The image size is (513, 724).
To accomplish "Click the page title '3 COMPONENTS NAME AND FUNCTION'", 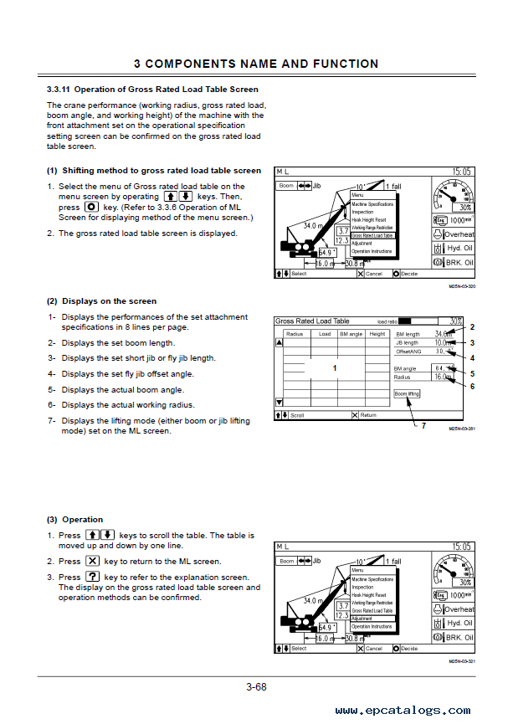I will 256,64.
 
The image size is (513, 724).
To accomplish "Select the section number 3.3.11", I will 61,90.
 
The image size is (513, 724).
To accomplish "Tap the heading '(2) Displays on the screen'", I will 101,301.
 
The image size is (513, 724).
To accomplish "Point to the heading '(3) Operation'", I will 74,519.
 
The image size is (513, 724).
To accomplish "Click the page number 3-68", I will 256,688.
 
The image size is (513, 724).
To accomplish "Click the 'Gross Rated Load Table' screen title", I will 313,321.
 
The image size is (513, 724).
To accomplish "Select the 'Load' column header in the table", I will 325,334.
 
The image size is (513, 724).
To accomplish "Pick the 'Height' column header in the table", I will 377,334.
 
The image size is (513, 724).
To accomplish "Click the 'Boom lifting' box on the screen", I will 407,393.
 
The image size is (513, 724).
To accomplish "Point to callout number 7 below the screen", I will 423,425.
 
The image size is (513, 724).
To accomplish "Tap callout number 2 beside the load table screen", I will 472,327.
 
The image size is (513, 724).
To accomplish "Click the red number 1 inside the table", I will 335,368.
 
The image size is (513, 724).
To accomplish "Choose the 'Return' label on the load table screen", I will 368,415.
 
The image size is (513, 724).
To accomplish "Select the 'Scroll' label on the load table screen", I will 298,415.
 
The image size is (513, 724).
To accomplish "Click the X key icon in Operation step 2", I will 92,562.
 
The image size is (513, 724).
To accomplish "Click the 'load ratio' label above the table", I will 387,321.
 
